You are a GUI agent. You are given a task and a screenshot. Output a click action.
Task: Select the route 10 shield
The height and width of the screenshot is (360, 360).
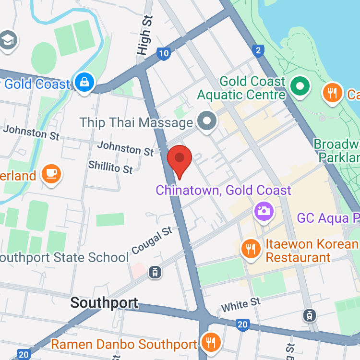coord(164,53)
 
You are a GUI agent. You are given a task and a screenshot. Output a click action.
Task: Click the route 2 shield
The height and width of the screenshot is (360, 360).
coord(259,50)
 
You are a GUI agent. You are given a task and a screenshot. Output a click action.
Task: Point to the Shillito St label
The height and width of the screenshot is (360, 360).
coord(110,167)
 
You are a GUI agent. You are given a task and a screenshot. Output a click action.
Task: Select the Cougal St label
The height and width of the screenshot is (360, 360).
coord(152,240)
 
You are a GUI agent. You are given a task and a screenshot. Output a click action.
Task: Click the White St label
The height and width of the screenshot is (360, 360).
coord(240,304)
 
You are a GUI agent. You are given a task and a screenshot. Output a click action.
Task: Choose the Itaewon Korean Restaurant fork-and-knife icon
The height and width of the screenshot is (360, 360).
coord(250,249)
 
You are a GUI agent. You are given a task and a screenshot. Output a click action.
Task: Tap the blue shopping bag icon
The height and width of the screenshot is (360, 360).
coord(84,83)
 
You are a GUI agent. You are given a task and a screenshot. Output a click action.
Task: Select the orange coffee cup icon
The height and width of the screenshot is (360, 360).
coord(50,173)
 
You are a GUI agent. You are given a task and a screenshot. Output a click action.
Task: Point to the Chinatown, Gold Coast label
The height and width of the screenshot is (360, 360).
coord(223,190)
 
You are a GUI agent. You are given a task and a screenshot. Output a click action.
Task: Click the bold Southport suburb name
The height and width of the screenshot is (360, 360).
coord(104,303)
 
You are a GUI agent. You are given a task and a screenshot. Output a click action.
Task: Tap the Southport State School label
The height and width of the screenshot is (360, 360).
coord(64,257)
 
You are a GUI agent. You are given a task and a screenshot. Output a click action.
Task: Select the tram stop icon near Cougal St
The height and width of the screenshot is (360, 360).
coord(155,272)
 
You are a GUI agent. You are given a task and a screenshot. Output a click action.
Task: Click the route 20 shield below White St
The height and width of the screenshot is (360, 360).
coord(242,325)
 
